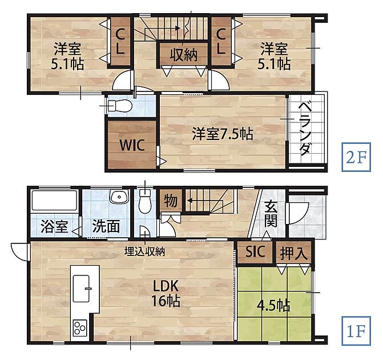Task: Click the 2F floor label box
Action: point(356,157)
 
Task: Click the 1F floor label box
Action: point(356,331)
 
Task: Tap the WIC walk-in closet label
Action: point(132,145)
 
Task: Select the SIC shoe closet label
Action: point(255,251)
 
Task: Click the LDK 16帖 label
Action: point(166,293)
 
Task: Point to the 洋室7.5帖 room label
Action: point(223,134)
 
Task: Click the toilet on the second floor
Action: point(120,106)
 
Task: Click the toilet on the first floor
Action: point(146,201)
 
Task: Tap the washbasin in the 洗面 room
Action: point(119,197)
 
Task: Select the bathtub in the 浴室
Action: point(54,200)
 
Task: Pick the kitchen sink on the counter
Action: point(82,289)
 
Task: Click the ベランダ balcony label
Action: point(305,129)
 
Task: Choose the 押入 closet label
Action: point(293,253)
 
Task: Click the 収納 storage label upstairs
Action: point(183,54)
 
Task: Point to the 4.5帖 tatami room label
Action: point(273,306)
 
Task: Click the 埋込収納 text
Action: point(144,251)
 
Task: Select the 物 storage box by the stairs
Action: point(171,201)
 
